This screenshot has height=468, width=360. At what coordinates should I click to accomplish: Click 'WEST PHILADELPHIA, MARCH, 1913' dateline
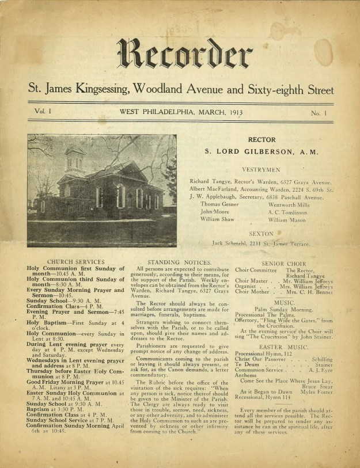181,112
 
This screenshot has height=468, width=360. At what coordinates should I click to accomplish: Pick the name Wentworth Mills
289,204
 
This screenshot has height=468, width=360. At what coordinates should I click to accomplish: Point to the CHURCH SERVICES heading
75,262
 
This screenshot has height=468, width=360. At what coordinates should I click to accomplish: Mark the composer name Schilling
322,360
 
